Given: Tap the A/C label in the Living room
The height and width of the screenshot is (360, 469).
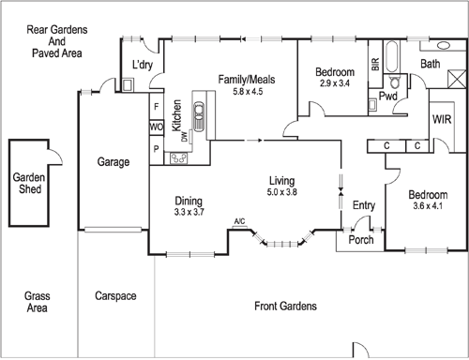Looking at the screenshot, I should coord(239,222).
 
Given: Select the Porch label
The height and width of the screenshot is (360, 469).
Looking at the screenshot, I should coord(360,240).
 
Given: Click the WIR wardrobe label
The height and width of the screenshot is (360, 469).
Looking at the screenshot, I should coord(443,120).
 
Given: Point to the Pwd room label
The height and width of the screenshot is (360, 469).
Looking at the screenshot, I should coord(389,96).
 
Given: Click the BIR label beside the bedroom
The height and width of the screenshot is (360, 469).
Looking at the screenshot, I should coord(375,65).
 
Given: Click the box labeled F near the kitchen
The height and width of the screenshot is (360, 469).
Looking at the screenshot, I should coord(157,107).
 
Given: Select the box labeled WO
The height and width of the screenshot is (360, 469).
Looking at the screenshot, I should coord(157,127).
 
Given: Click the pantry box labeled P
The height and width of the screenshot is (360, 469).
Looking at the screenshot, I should coord(157,148).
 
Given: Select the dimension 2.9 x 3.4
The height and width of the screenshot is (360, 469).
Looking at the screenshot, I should coord(334,84).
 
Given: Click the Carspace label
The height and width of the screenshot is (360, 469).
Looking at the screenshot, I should coord(115,297).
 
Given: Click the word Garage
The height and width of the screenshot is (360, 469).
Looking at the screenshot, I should coord(113,162).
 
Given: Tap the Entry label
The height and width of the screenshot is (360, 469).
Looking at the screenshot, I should coord(363,205).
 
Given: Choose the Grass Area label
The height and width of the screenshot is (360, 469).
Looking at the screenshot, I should coord(37,301).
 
